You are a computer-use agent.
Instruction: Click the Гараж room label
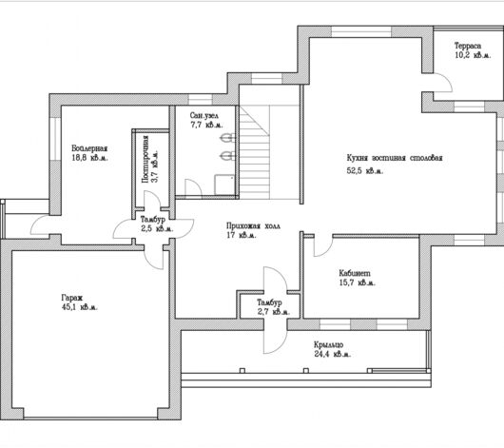point(72,298)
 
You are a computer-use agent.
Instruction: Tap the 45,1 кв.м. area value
point(79,307)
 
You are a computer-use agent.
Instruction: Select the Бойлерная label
point(89,148)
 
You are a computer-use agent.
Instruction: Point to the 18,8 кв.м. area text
point(90,158)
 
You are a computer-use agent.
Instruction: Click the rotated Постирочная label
point(145,159)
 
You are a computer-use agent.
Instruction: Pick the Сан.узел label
point(204,115)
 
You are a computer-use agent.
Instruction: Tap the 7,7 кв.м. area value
point(206,125)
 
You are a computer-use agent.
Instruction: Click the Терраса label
point(468,46)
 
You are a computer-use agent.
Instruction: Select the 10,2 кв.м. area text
point(473,55)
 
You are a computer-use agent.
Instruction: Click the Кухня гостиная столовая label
point(395,158)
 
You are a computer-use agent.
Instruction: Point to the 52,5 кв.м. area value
point(365,170)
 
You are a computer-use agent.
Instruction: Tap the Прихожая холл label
point(253,225)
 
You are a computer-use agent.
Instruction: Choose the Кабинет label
point(355,273)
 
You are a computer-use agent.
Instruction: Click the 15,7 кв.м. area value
point(358,282)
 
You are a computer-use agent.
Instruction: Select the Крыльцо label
point(328,344)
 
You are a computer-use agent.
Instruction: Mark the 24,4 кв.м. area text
point(333,355)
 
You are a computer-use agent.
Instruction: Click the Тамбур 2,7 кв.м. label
point(273,307)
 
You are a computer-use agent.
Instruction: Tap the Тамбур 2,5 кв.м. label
point(157,224)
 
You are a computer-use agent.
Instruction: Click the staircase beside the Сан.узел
point(254,153)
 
